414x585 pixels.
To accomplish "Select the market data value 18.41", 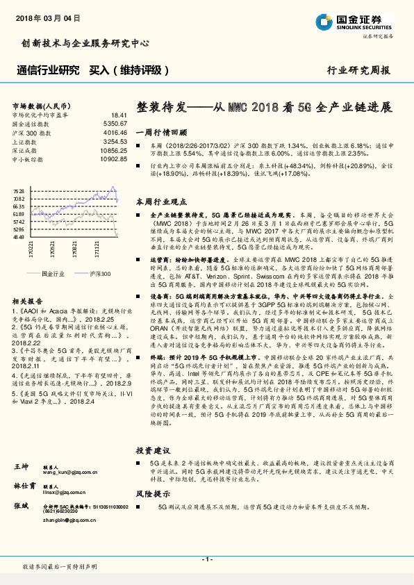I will tap(119, 115).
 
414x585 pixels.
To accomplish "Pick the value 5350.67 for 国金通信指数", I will tap(115, 123).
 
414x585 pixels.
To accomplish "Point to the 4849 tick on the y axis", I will tap(19, 237).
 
